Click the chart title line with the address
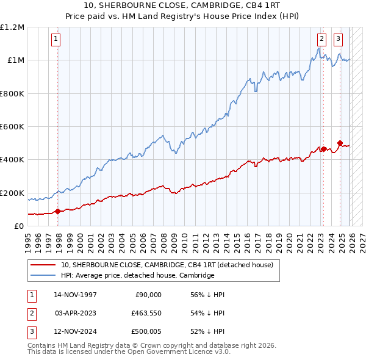(182, 6)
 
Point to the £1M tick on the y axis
(15, 60)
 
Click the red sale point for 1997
(57, 211)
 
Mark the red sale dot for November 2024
(340, 143)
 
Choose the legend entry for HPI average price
(137, 275)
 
